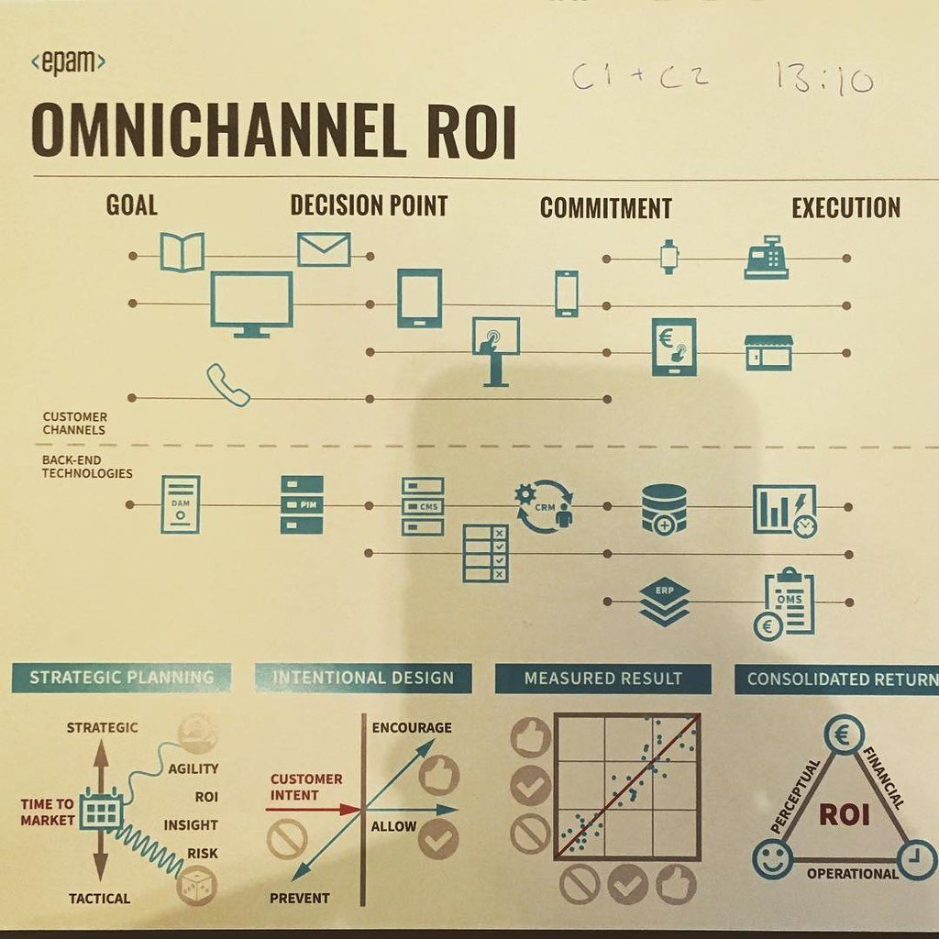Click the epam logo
click(x=68, y=63)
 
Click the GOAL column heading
click(x=131, y=204)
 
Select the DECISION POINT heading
click(x=369, y=205)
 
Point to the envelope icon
click(x=324, y=249)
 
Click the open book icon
click(x=182, y=251)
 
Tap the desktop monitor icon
click(x=251, y=304)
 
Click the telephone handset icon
click(x=227, y=384)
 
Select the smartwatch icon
click(x=668, y=256)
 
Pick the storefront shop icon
click(x=768, y=352)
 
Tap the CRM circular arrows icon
click(x=544, y=506)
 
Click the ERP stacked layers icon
click(x=664, y=601)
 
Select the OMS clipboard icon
click(x=787, y=602)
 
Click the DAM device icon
click(x=180, y=503)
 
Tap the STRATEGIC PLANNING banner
click(x=121, y=678)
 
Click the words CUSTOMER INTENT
click(x=306, y=787)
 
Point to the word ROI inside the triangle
click(x=844, y=813)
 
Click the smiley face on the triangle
click(x=771, y=859)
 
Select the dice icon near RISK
click(x=195, y=886)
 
